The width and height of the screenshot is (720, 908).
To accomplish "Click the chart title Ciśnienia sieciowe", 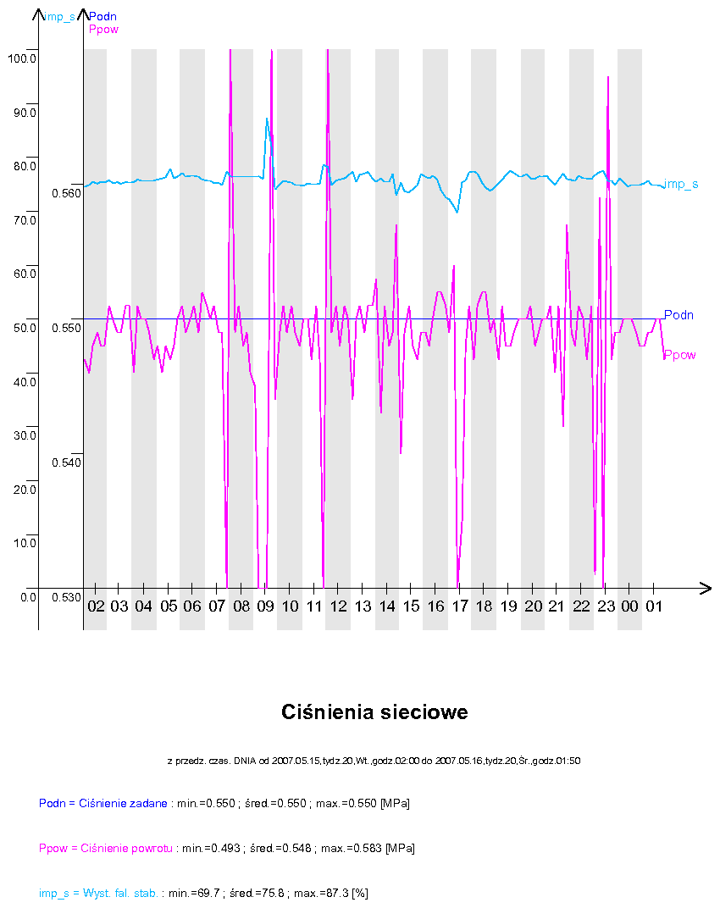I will [x=374, y=712].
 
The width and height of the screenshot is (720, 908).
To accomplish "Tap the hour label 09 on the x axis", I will [x=266, y=607].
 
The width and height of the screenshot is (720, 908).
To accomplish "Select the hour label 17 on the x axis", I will [x=460, y=607].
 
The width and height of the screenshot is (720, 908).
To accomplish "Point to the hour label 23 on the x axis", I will [x=606, y=607].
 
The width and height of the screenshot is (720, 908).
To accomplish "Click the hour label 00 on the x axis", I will [x=630, y=607].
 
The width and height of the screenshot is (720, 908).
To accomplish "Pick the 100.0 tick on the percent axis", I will [x=20, y=58].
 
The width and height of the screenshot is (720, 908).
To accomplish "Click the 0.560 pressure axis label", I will [x=66, y=193].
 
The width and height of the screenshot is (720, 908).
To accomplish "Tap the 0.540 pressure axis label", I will [x=66, y=462].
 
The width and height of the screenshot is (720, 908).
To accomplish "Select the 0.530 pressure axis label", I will [x=66, y=597].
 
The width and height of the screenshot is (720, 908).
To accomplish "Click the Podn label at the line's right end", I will [x=678, y=315].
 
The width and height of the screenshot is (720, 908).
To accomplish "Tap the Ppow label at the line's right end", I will [x=679, y=355].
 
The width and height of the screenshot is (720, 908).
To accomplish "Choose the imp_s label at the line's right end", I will [x=681, y=184].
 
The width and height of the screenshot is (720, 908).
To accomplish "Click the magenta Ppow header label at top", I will [x=103, y=30].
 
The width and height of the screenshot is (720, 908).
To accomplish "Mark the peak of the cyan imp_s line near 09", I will [x=266, y=119].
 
